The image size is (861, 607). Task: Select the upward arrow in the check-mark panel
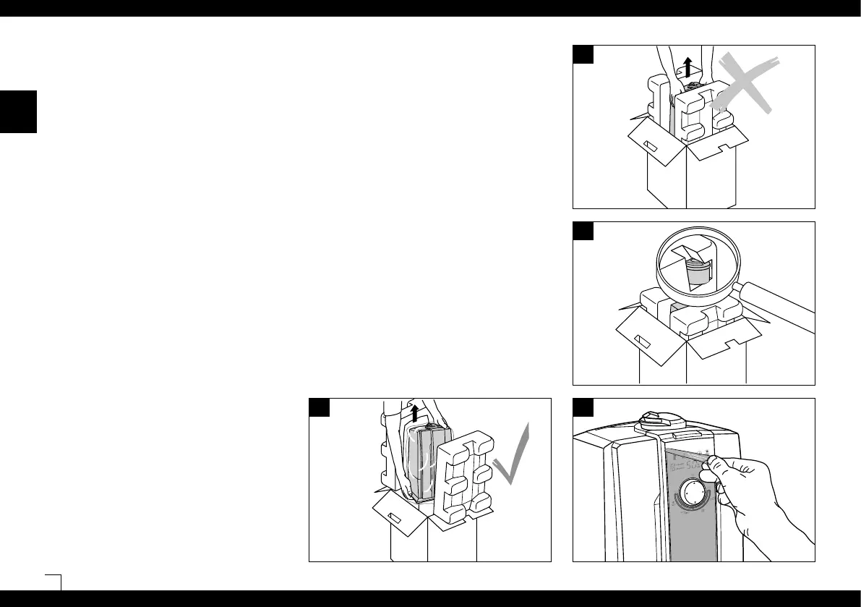414,413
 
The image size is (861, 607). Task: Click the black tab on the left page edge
18,111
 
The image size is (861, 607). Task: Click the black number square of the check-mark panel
320,407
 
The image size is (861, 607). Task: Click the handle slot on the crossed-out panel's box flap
650,145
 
